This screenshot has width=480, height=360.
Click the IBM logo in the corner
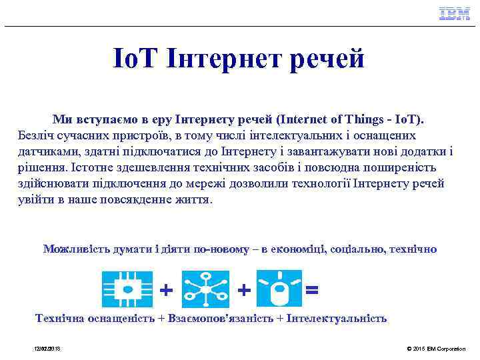click(454, 14)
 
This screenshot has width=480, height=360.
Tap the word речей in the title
click(326, 59)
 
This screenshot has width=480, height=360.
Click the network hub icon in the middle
click(205, 289)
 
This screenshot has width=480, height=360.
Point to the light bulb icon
click(280, 289)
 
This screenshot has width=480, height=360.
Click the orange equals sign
click(311, 290)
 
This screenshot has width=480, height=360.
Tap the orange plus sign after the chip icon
click(167, 290)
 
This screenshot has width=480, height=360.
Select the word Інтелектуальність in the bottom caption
click(338, 318)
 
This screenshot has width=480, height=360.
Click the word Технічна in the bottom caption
click(61, 318)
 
